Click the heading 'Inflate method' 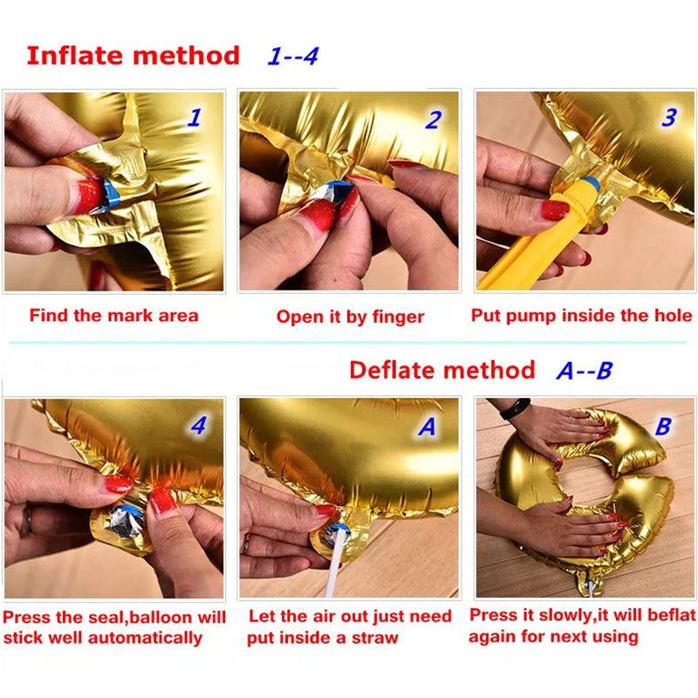tap(133, 56)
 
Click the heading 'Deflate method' tap(441, 370)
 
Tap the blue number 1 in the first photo tap(194, 117)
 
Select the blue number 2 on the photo tap(433, 120)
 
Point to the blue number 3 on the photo tap(668, 117)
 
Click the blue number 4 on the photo tap(199, 427)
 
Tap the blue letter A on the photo tap(428, 428)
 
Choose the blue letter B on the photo tap(663, 427)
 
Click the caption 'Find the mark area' tap(113, 315)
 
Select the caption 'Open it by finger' tap(350, 317)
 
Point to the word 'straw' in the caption tap(374, 638)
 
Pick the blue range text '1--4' tap(293, 57)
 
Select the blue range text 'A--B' tap(585, 371)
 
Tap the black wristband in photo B tap(515, 407)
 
